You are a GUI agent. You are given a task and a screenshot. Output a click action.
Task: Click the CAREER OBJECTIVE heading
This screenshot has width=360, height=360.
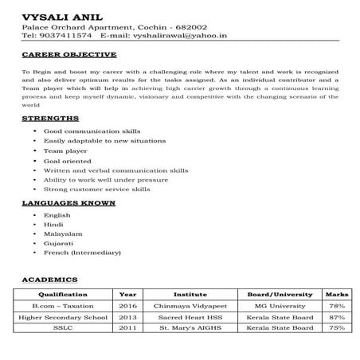click(68, 56)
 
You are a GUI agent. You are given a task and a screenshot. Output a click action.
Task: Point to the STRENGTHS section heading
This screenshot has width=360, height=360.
click(50, 118)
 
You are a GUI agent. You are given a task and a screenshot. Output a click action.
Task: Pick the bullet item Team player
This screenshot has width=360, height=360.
click(64, 150)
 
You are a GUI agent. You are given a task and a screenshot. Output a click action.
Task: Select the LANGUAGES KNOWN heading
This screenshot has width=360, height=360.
click(68, 203)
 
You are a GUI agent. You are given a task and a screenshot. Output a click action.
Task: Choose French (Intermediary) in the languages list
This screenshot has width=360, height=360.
click(82, 252)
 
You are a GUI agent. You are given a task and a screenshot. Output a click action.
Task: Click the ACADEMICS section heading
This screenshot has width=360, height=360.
click(49, 280)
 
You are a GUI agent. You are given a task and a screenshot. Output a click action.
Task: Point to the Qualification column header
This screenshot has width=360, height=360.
click(62, 294)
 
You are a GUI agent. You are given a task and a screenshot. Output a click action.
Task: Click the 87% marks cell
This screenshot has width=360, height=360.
click(336, 316)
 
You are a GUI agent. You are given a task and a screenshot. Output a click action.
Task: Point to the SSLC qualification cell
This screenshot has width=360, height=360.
click(62, 327)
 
